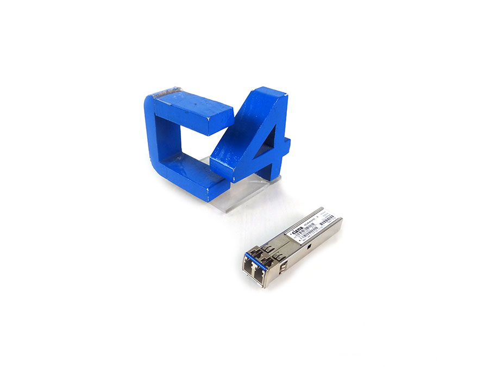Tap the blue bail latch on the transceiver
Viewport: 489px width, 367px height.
click(256, 256)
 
